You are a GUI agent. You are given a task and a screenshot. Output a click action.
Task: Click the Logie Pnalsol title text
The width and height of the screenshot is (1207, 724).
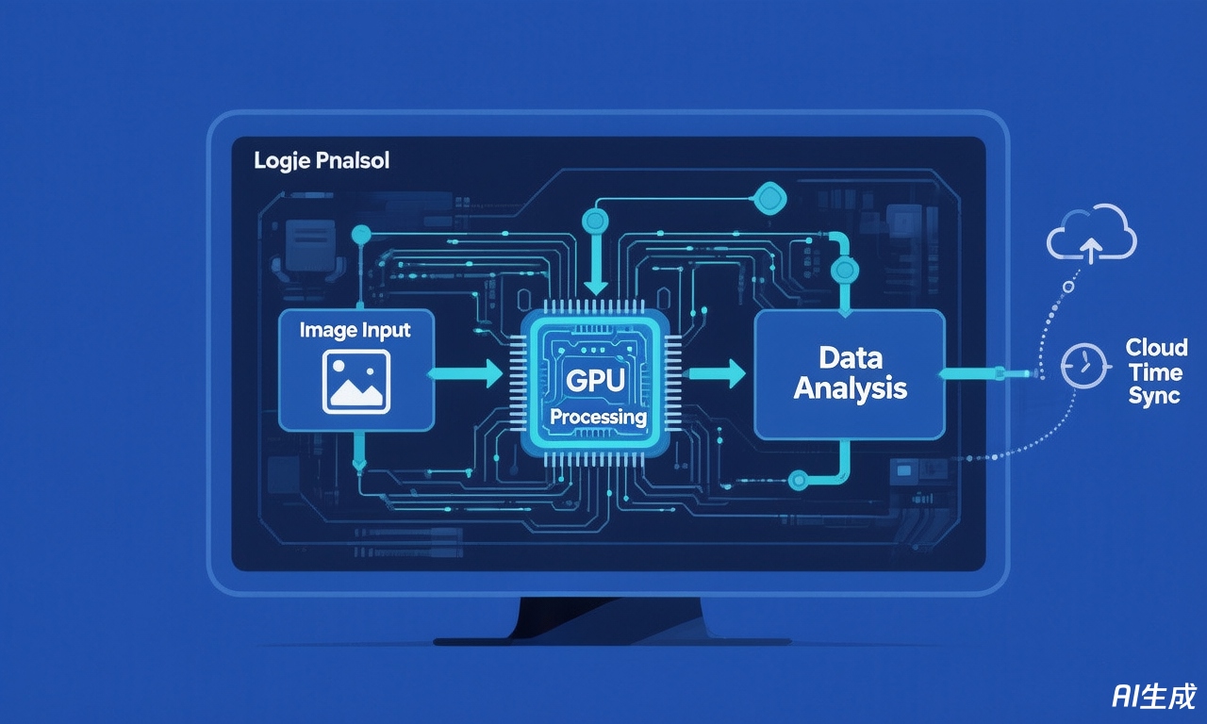[x=321, y=161]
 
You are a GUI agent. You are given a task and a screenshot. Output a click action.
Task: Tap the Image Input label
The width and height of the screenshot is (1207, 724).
[x=355, y=330]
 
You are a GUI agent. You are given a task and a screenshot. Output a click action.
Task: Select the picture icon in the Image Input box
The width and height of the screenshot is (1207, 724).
[x=355, y=381]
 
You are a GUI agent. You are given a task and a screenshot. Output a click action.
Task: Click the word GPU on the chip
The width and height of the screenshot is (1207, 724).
[x=589, y=381]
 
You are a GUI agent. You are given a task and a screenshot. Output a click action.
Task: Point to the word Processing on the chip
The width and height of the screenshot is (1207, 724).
[x=598, y=416]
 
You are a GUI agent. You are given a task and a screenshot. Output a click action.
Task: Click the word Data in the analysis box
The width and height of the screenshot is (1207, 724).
[x=850, y=357]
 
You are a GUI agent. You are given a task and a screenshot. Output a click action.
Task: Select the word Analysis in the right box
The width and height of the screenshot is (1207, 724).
[x=850, y=388]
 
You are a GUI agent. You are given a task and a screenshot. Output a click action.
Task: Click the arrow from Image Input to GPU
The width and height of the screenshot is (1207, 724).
[x=467, y=374]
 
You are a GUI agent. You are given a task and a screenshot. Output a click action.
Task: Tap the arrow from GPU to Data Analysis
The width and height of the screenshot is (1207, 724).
[x=713, y=374]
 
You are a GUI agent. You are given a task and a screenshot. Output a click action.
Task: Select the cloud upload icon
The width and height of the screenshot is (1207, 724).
[x=1091, y=234]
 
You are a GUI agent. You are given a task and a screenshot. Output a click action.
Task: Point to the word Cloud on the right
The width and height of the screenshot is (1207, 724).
[x=1156, y=347]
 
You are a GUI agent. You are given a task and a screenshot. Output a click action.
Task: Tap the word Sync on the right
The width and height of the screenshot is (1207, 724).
[x=1154, y=396]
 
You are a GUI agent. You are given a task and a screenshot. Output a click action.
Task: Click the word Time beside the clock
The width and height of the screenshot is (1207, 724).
[x=1155, y=371]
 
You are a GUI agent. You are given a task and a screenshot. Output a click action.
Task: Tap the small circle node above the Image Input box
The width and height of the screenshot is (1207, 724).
[x=358, y=233]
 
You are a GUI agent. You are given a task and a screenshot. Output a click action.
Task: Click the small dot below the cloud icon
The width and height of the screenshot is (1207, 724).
[x=1067, y=286]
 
